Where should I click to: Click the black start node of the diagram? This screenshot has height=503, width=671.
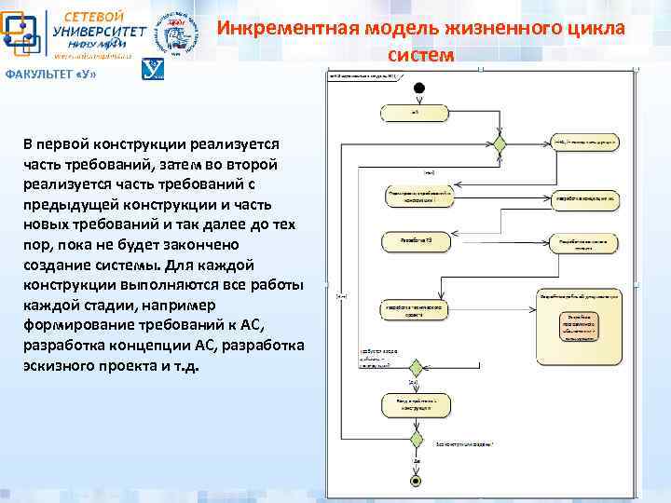[418, 88]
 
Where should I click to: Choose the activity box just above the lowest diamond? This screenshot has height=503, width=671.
[415, 404]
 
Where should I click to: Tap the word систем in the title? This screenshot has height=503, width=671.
[421, 55]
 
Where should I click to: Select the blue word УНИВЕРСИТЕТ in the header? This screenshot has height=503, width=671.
[98, 32]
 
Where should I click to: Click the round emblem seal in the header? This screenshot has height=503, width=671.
[175, 33]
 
